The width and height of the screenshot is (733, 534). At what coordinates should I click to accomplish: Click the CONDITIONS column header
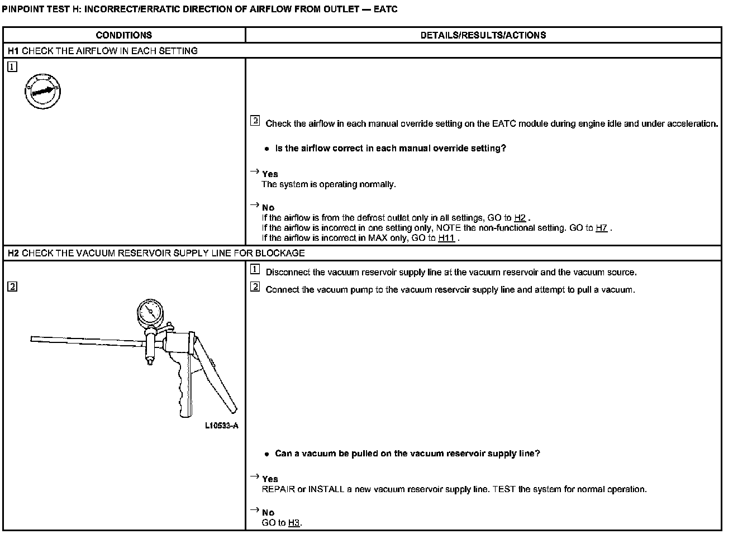[x=123, y=35]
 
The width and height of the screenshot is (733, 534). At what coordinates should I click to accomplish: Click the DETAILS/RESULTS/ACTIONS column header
[x=483, y=35]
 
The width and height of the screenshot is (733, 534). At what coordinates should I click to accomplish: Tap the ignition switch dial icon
[x=42, y=91]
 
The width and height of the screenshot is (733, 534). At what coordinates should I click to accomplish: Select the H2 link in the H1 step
[x=520, y=218]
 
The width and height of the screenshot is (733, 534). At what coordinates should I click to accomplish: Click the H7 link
[x=601, y=228]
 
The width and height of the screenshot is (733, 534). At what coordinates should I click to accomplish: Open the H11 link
[x=446, y=238]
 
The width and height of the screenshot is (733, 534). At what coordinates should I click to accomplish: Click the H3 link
[x=294, y=523]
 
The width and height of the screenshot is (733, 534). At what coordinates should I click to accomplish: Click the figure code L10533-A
[x=221, y=426]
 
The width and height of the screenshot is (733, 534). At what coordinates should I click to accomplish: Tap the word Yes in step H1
[x=270, y=174]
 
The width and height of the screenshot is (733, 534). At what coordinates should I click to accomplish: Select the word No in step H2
[x=268, y=513]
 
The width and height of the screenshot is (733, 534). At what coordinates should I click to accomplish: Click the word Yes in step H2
[x=270, y=479]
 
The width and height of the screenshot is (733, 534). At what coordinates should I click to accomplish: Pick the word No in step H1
[x=268, y=208]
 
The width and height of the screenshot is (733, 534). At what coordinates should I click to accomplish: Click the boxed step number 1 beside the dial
[x=12, y=67]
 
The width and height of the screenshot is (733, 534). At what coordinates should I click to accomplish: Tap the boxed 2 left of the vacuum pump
[x=12, y=287]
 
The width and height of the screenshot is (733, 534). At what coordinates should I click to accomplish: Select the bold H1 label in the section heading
[x=14, y=51]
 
